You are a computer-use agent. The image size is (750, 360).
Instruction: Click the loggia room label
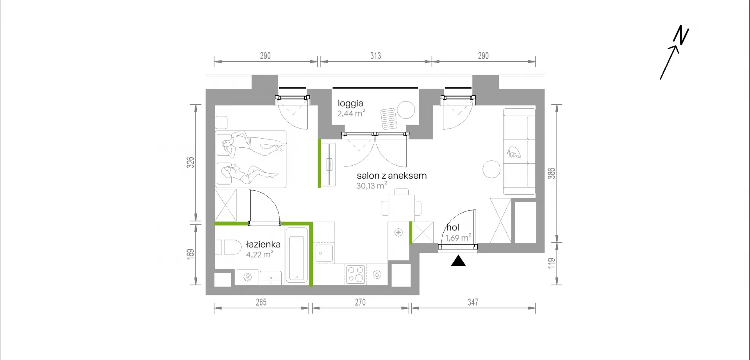point(350,104)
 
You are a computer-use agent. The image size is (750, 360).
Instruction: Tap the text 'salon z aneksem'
point(391,176)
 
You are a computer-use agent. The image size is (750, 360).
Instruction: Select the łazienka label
point(263,244)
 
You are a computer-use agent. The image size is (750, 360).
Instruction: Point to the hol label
point(453,227)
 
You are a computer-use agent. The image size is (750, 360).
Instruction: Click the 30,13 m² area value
point(371,186)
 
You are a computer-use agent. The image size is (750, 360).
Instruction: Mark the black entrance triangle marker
point(458,261)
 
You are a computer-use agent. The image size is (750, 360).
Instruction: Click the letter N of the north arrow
point(681,35)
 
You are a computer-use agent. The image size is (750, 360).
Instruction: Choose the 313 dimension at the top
point(375,56)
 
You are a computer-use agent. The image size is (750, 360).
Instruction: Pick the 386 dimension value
point(551,173)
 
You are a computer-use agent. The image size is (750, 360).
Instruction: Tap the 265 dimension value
point(261,302)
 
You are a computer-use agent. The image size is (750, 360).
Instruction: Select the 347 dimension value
point(473,302)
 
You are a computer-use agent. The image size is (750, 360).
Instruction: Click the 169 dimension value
point(190,254)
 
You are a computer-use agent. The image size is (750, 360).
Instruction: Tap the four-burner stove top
point(355,274)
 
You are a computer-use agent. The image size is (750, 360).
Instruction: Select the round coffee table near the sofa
point(491,169)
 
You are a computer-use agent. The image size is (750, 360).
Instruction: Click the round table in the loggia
point(406,110)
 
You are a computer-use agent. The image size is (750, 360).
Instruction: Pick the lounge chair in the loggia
point(389,118)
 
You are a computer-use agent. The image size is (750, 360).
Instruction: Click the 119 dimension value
point(551,263)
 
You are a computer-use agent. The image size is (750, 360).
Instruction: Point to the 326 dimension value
point(190,163)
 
